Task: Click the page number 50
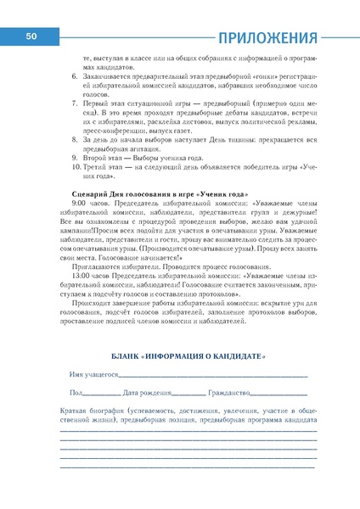coord(31,36)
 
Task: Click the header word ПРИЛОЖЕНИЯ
coord(267,37)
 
